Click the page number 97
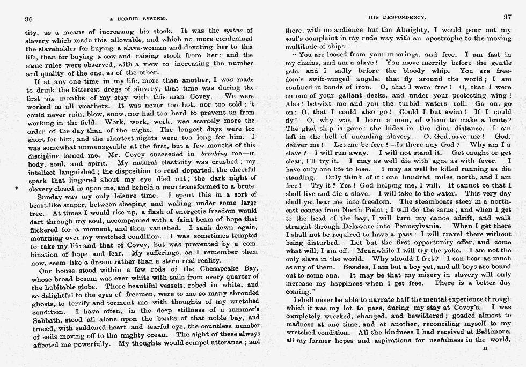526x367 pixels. pyautogui.click(x=508, y=17)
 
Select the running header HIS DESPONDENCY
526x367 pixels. pyautogui.click(x=390, y=17)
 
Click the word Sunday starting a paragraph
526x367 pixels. pyautogui.click(x=47, y=196)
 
